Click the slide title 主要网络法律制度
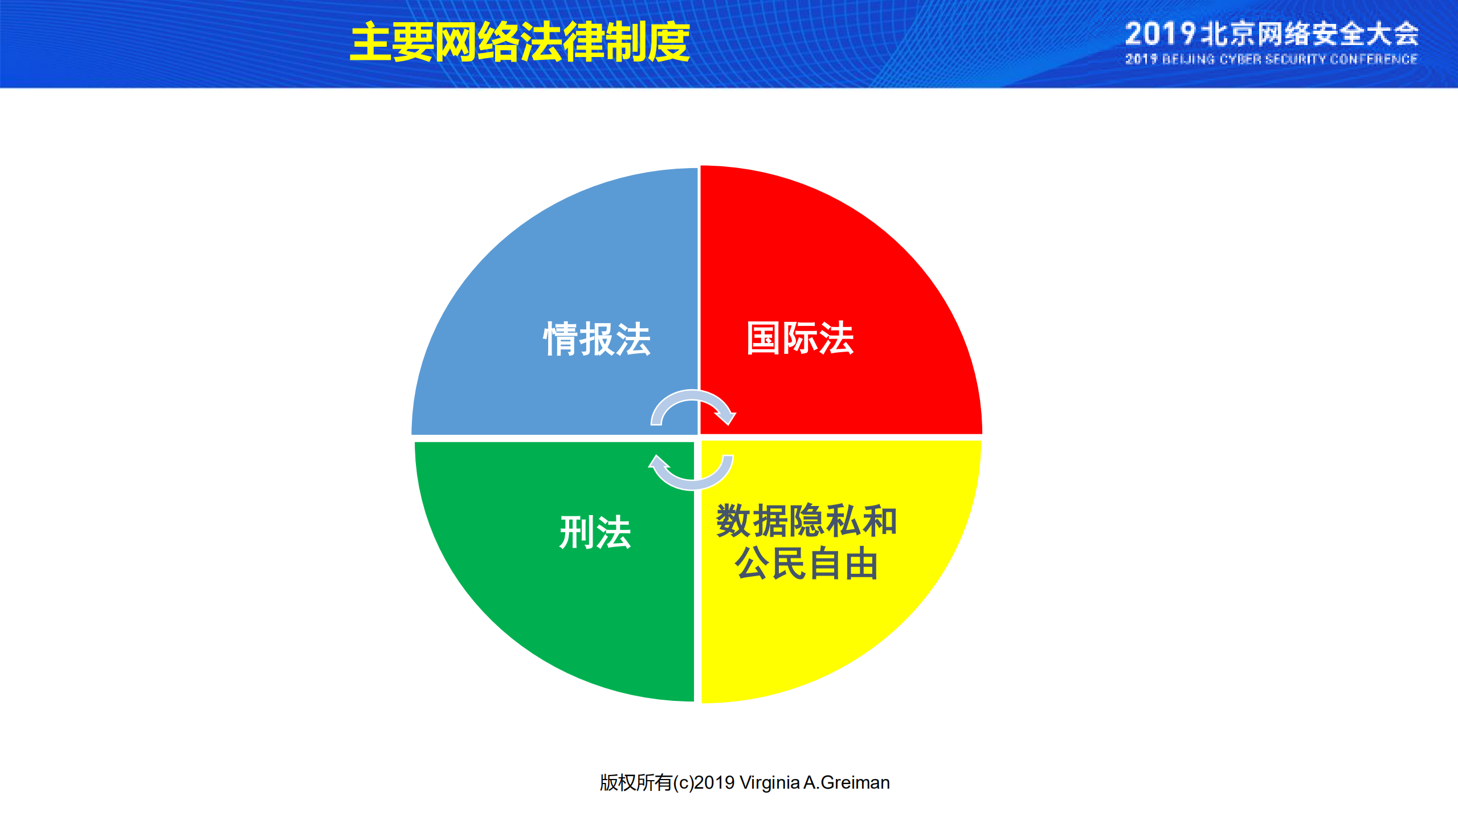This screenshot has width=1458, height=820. click(520, 42)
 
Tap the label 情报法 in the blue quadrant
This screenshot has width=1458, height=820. click(597, 339)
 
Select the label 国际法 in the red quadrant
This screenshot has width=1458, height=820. click(800, 338)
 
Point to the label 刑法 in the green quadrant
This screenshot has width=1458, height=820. click(595, 533)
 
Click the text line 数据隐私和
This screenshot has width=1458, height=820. click(806, 521)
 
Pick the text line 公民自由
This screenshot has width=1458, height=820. click(806, 564)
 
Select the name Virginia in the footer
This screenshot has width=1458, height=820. click(770, 783)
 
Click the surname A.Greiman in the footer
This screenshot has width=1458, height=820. click(847, 783)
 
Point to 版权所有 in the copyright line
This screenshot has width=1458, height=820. click(636, 783)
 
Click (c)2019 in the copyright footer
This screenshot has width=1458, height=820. click(704, 783)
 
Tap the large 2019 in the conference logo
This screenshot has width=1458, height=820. click(1159, 34)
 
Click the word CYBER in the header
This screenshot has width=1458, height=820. click(1240, 59)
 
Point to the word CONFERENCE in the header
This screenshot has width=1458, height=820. click(1373, 59)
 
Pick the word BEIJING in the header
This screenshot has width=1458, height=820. click(1188, 59)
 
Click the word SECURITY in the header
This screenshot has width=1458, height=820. click(1296, 59)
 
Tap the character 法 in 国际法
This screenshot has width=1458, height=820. click(836, 338)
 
